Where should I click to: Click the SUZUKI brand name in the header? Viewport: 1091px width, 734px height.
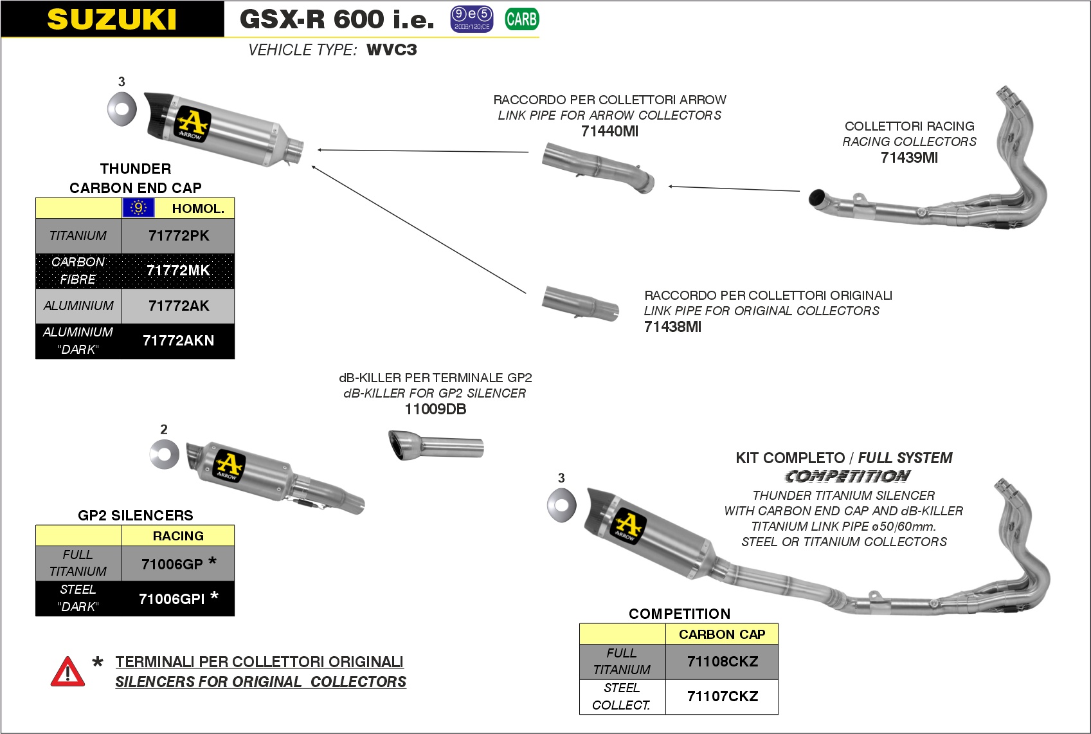(112, 19)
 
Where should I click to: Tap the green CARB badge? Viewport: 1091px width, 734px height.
(521, 19)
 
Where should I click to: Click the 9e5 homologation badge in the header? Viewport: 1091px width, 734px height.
(471, 19)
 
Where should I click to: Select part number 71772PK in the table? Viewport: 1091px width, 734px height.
(179, 236)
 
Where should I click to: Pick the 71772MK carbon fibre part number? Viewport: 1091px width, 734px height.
(178, 271)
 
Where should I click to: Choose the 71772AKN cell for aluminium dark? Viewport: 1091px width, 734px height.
(178, 341)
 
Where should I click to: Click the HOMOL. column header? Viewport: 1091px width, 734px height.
(197, 208)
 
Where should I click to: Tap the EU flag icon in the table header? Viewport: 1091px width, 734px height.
(138, 208)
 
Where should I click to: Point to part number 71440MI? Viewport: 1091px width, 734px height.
(609, 132)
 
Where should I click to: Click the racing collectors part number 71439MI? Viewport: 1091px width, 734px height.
(909, 158)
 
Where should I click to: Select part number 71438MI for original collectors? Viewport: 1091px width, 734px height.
(672, 327)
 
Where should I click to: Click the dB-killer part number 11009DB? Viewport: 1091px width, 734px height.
(435, 410)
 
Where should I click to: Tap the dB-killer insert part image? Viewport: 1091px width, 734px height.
(435, 445)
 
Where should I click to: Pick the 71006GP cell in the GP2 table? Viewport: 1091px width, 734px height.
(172, 564)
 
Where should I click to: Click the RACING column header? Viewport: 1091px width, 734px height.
(178, 536)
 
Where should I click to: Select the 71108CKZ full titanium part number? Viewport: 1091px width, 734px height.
(723, 662)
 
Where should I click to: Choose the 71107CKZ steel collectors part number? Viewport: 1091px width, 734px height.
(723, 697)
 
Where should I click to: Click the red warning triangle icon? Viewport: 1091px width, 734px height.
(68, 672)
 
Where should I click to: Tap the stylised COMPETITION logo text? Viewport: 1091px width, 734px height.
(847, 477)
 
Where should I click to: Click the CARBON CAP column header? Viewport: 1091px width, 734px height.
(722, 634)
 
